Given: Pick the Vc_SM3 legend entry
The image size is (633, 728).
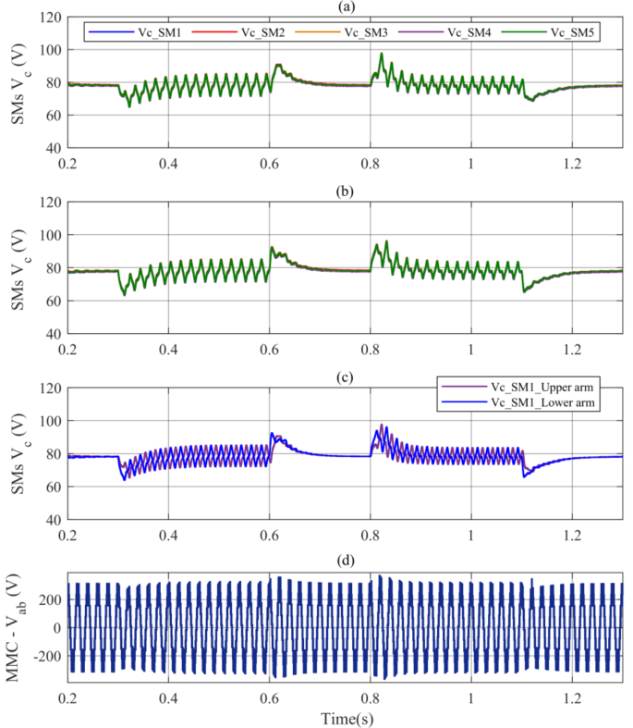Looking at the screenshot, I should (x=354, y=32).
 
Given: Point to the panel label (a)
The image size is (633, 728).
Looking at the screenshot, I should (x=346, y=6).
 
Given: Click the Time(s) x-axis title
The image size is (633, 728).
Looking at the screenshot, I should (x=346, y=717).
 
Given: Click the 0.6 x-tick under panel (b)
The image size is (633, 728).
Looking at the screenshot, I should (x=270, y=352).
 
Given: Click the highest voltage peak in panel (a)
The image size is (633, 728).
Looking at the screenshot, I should (x=381, y=54).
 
